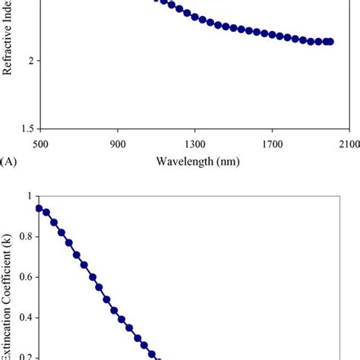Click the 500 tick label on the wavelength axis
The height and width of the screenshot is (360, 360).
40,141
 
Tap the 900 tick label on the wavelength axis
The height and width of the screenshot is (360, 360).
118,141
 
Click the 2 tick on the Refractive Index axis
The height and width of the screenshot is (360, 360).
29,60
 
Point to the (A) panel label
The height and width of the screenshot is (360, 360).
9,160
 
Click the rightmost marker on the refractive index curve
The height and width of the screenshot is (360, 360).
330,42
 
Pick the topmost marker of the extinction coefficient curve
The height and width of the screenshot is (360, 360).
39,208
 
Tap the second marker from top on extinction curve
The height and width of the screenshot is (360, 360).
46,213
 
